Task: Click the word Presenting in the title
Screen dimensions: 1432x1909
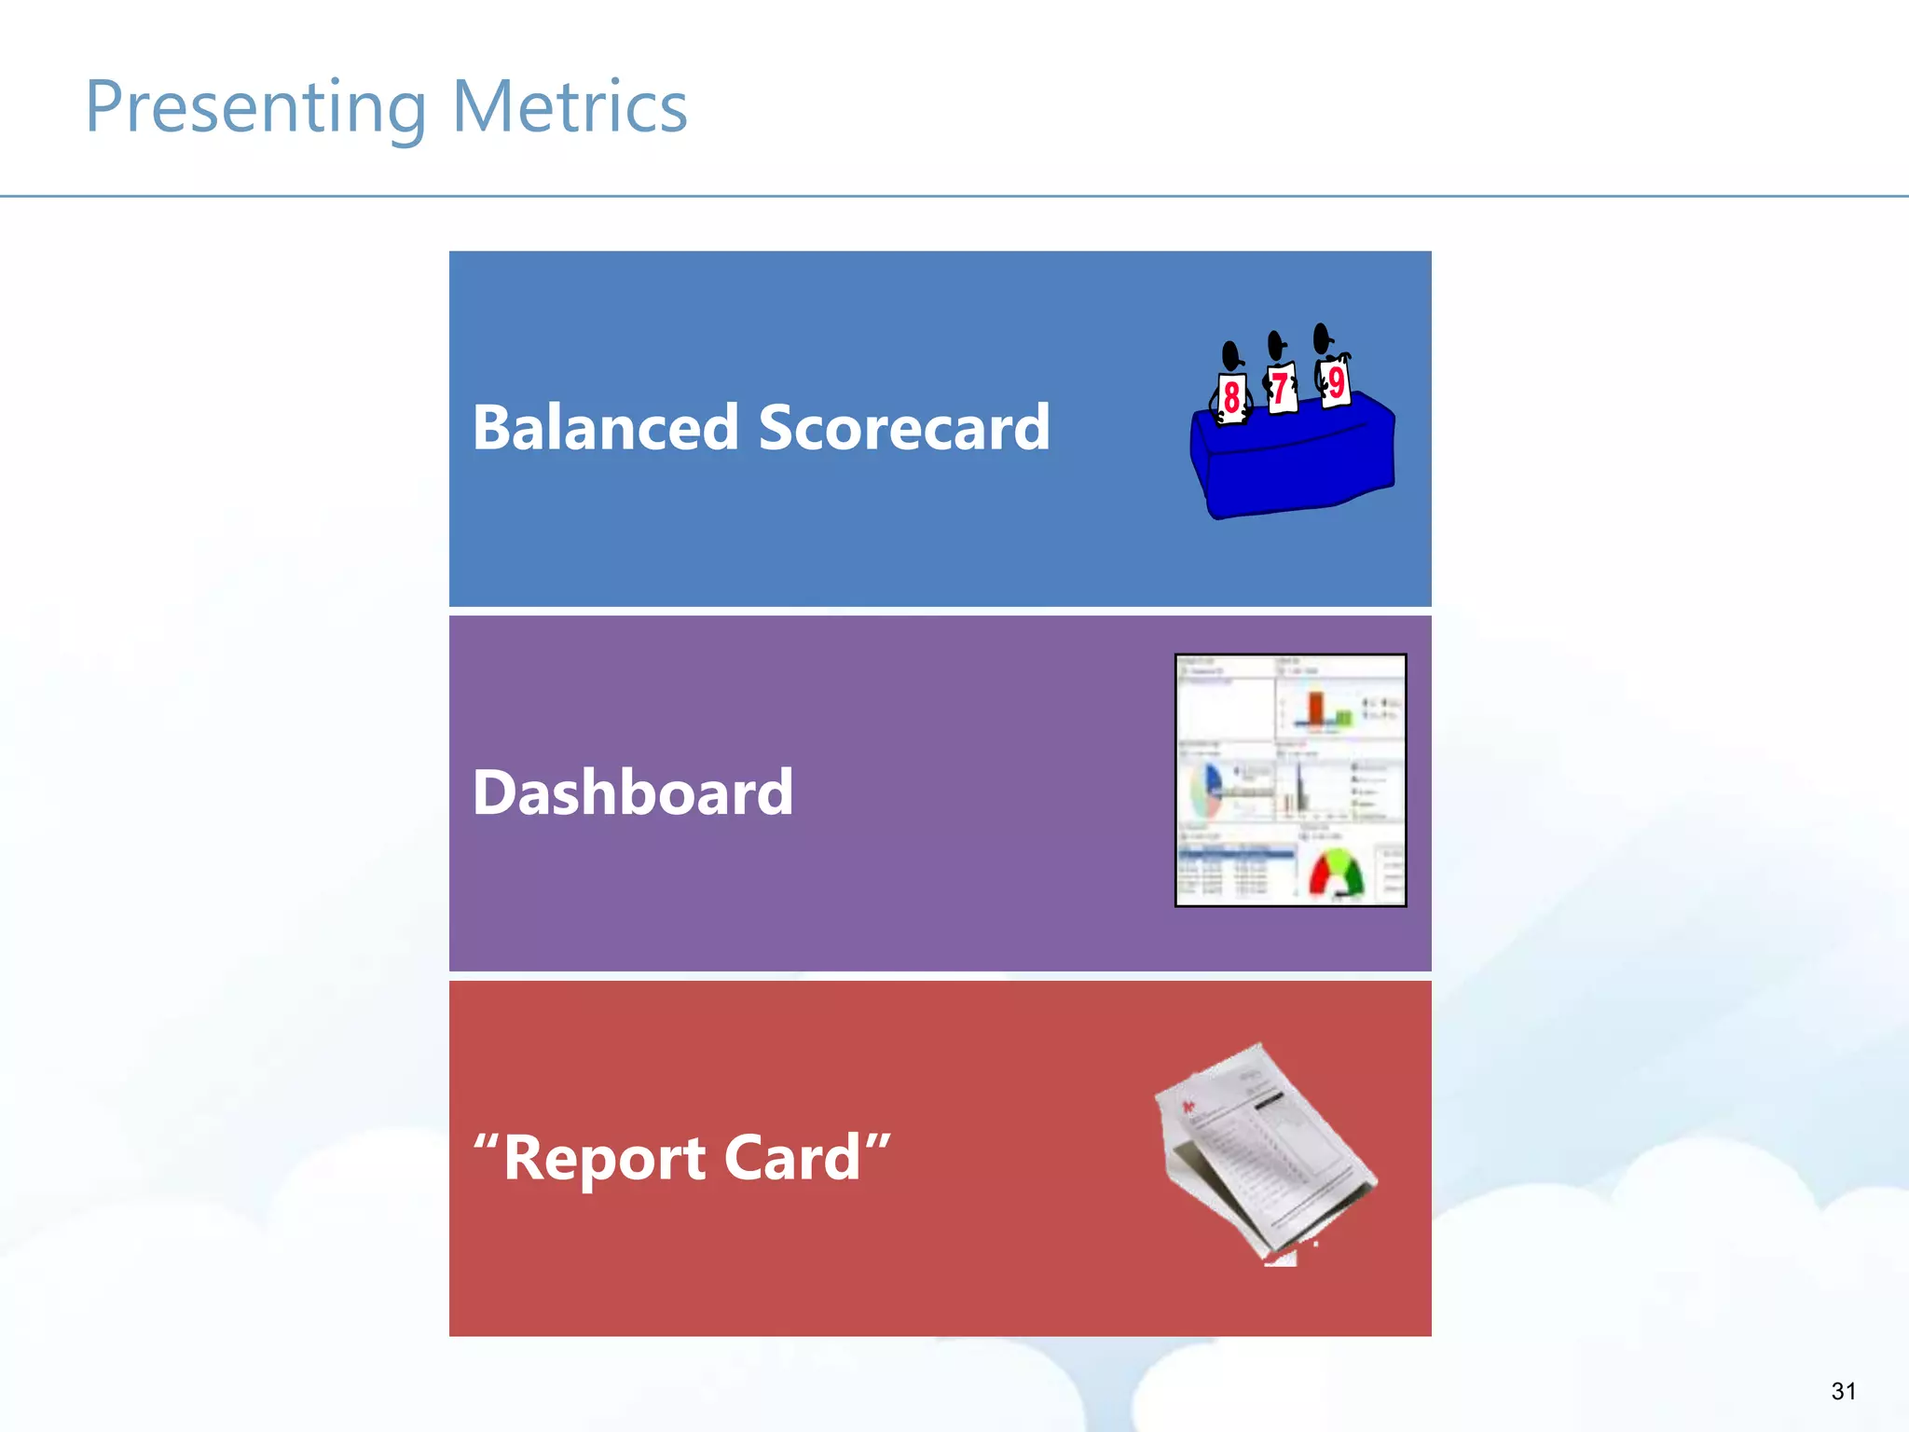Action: click(x=255, y=108)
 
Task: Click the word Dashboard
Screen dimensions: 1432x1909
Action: click(x=633, y=792)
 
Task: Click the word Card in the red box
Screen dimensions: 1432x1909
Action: click(x=792, y=1158)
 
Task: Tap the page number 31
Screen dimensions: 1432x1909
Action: click(x=1843, y=1391)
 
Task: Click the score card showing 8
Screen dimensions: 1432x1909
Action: click(x=1231, y=398)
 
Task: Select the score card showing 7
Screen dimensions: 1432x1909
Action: click(x=1282, y=388)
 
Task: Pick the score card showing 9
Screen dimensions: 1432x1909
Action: click(x=1336, y=381)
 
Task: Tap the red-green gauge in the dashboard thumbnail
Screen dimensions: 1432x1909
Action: click(x=1336, y=874)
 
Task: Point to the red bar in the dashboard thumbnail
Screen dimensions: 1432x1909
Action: click(x=1315, y=709)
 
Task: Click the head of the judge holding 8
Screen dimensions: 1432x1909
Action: click(x=1231, y=355)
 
